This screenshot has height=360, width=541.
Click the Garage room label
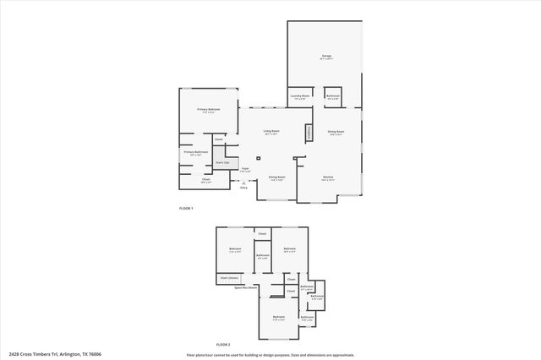pyautogui.click(x=326, y=58)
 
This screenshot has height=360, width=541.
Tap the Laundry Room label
pyautogui.click(x=301, y=97)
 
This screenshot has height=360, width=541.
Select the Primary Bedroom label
pyautogui.click(x=209, y=110)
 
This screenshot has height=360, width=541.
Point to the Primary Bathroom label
pyautogui.click(x=197, y=154)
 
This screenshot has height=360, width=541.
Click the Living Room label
pyautogui.click(x=271, y=132)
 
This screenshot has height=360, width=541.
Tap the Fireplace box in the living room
pyautogui.click(x=309, y=132)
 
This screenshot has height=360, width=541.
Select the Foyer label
pyautogui.click(x=245, y=169)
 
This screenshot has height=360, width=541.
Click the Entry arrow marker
pyautogui.click(x=244, y=183)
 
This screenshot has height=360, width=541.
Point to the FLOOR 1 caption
pyautogui.click(x=186, y=208)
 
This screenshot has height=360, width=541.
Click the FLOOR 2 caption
pyautogui.click(x=223, y=345)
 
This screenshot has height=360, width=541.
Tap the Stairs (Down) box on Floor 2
pyautogui.click(x=229, y=276)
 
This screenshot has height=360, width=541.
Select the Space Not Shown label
pyautogui.click(x=245, y=287)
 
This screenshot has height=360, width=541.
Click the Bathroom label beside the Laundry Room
pyautogui.click(x=333, y=97)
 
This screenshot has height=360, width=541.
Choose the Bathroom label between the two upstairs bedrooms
pyautogui.click(x=263, y=256)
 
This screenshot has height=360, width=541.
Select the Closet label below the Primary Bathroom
pyautogui.click(x=205, y=179)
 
